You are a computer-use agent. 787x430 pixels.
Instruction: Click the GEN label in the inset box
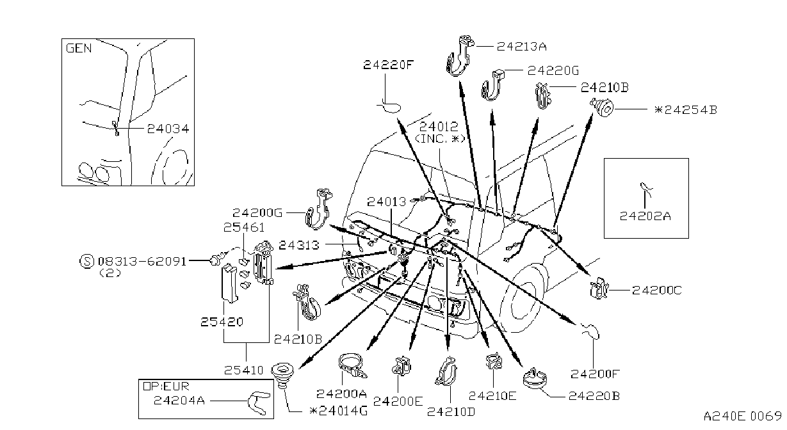[79, 48]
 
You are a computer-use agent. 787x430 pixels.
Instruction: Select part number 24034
[168, 129]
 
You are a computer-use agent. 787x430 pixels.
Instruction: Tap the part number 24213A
[521, 46]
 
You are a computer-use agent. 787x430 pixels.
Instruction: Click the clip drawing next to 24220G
[492, 85]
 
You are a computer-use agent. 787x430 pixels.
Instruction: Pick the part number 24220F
[388, 65]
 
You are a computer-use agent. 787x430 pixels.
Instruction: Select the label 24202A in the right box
[645, 216]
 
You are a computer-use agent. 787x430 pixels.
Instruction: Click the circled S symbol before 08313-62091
[87, 261]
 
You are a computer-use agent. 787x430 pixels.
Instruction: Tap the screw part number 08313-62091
[142, 261]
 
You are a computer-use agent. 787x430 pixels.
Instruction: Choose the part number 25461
[244, 227]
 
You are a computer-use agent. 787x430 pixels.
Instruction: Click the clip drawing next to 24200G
[318, 209]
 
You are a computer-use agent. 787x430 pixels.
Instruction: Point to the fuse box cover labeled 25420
[229, 283]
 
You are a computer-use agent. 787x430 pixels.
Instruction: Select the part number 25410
[243, 370]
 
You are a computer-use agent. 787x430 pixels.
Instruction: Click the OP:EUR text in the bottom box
[166, 386]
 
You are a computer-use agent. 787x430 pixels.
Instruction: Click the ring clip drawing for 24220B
[535, 378]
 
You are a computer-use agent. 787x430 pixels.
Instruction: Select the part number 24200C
[656, 291]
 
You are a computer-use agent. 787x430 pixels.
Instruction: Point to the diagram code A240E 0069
[742, 416]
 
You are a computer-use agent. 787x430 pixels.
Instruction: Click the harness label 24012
[439, 126]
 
